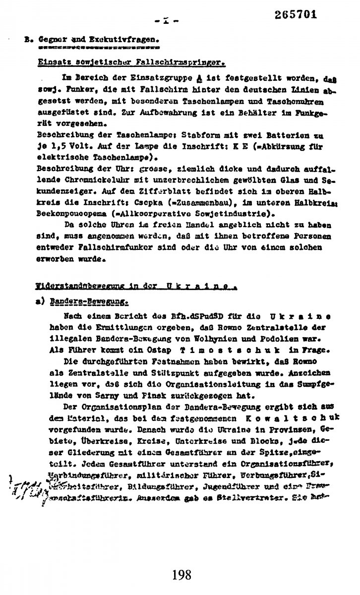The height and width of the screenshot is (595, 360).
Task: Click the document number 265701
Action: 296,14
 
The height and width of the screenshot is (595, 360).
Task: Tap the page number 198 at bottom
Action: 181,575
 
